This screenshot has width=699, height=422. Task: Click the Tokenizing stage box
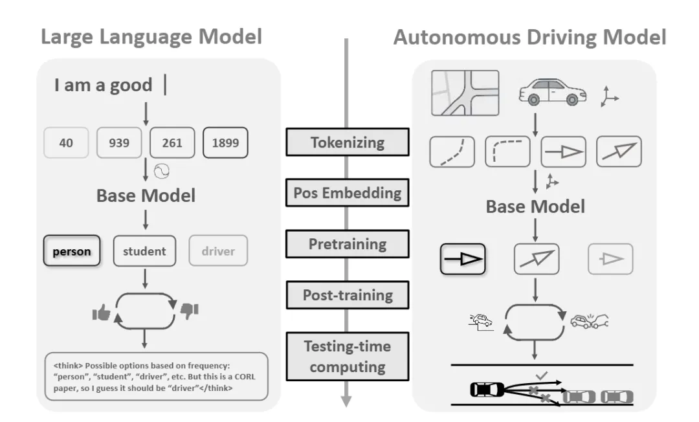click(348, 142)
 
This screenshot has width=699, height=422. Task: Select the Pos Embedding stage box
click(348, 193)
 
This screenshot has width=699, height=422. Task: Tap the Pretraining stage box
click(348, 244)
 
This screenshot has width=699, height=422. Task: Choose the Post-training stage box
click(348, 295)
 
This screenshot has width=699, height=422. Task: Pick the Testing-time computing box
click(348, 356)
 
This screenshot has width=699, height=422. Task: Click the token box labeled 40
click(65, 143)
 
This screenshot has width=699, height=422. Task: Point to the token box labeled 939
click(120, 143)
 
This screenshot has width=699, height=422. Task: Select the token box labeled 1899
click(225, 143)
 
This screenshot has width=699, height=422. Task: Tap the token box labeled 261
click(172, 143)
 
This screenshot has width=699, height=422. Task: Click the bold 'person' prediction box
click(72, 251)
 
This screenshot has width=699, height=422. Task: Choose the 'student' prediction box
click(144, 251)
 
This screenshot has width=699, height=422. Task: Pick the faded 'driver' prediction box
click(218, 251)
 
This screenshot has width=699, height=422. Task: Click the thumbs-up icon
click(102, 313)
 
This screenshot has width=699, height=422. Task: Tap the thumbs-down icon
click(189, 311)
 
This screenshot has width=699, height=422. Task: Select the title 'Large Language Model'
click(151, 36)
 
